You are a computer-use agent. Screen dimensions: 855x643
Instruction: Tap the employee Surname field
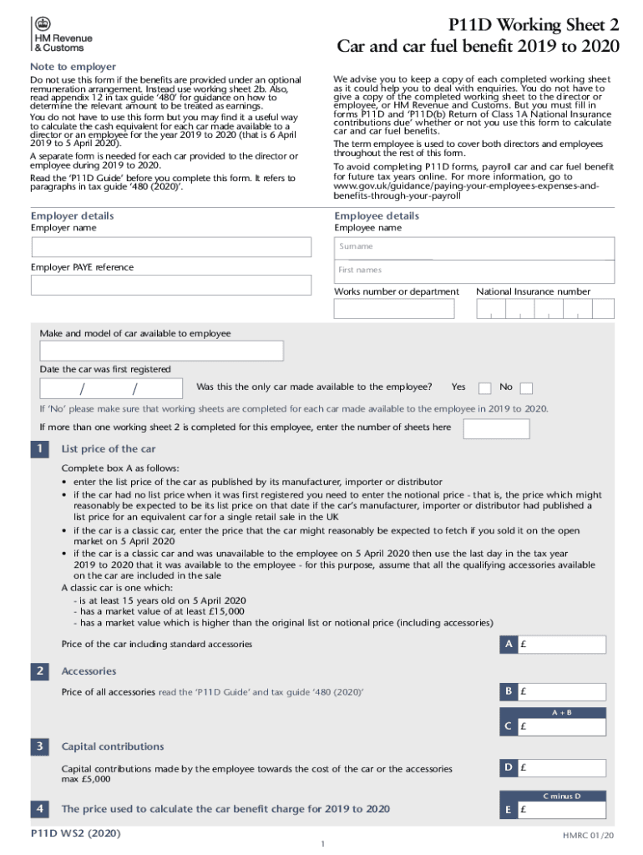(474, 247)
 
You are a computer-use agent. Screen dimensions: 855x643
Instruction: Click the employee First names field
(474, 271)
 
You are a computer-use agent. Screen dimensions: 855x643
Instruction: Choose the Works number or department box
(394, 309)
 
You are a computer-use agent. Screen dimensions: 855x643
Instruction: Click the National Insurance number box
(545, 309)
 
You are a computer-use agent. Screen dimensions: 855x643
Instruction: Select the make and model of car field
(161, 351)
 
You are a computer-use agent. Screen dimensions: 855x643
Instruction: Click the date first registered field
(112, 388)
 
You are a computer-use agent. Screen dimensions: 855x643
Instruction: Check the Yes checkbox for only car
(484, 388)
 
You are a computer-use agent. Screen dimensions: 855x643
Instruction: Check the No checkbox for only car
(526, 388)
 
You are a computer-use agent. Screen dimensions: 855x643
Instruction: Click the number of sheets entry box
(496, 428)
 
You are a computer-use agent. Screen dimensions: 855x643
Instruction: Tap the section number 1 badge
(39, 450)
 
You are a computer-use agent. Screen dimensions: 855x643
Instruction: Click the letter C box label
(508, 727)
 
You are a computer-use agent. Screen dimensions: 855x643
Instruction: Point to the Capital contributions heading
(113, 746)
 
